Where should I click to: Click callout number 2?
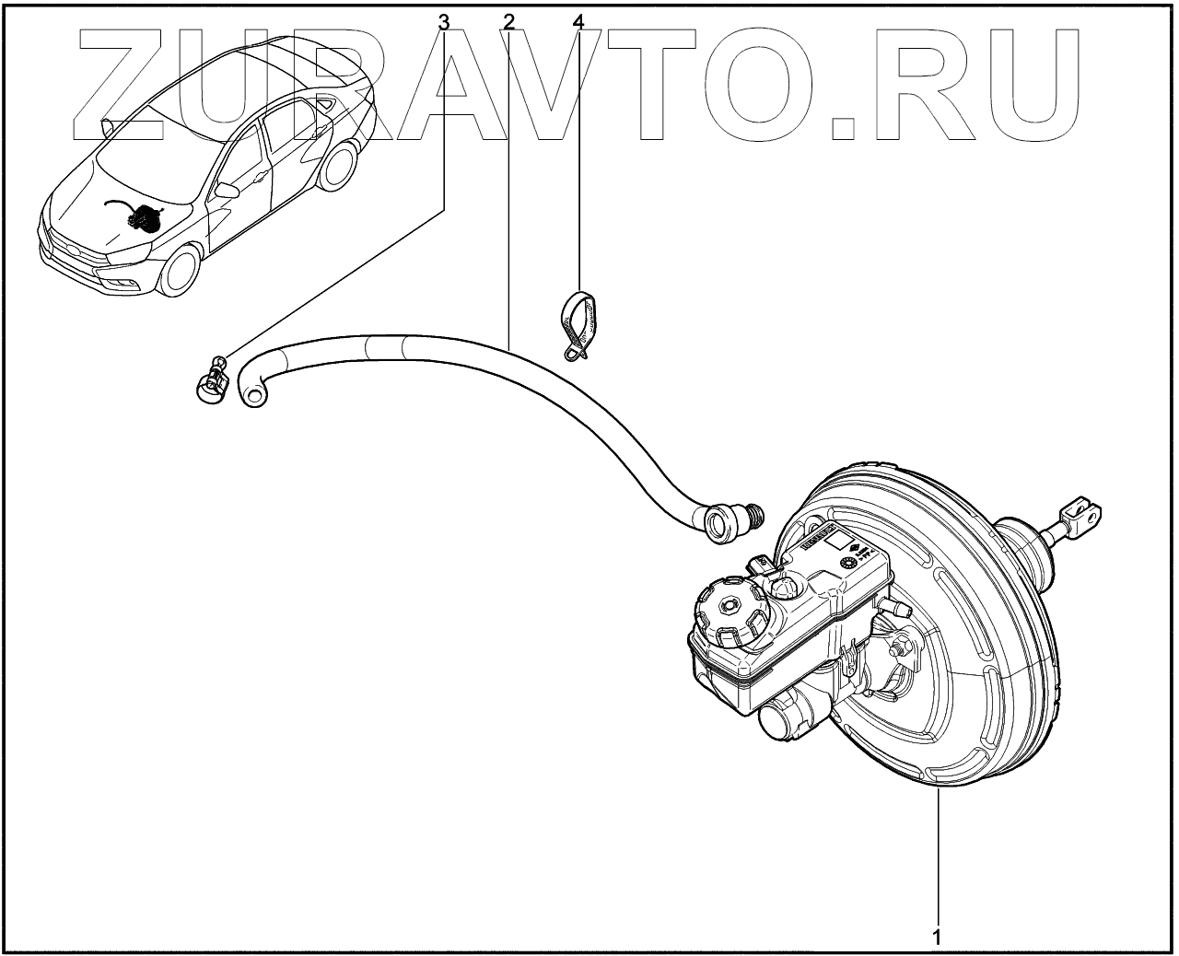(508, 20)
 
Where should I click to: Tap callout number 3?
(444, 20)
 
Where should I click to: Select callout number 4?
(578, 20)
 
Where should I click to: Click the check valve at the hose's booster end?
(731, 519)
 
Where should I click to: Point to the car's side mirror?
(227, 191)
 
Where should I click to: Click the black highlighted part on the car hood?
(140, 218)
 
